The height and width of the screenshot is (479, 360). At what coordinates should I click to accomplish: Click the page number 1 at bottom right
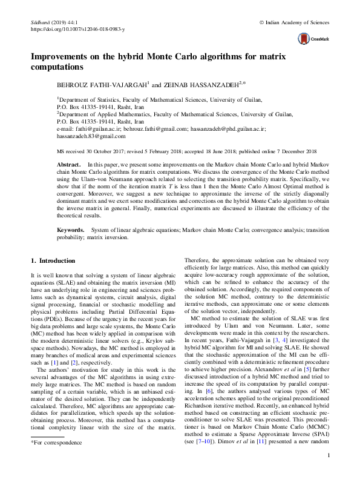click(327, 456)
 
